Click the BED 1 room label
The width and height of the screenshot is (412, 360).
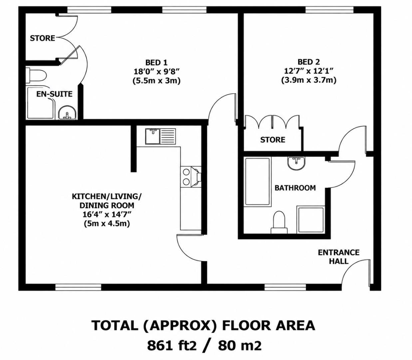[x=156, y=62]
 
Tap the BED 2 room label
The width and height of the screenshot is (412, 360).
[x=309, y=62]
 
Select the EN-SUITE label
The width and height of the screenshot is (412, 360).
[x=54, y=94]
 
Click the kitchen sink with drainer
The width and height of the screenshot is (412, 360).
[x=161, y=136]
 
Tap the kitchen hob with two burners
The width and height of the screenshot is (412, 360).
[x=186, y=177]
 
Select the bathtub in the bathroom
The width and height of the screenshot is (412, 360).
[x=257, y=182]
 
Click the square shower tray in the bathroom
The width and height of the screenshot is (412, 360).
[x=311, y=220]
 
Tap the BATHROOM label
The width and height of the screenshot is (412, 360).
[x=295, y=188]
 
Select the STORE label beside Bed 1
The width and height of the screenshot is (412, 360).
[x=43, y=38]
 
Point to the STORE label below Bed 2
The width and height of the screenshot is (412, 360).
[x=273, y=140]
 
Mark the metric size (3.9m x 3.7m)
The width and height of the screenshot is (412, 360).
[x=309, y=81]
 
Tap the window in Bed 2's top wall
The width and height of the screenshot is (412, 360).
[x=329, y=10]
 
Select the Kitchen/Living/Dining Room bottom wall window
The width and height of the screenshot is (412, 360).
[x=78, y=287]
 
